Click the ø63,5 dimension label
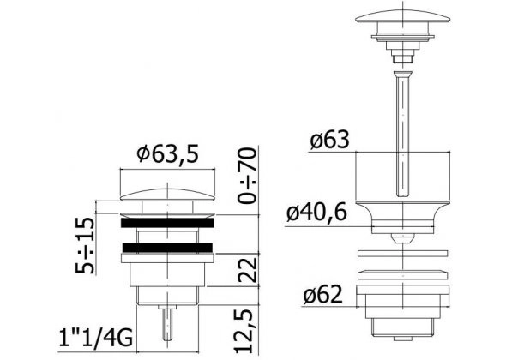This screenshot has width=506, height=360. click(167, 154)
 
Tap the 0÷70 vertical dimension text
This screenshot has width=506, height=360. click(248, 175)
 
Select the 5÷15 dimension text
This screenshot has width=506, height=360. click(85, 245)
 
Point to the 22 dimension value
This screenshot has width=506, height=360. click(248, 270)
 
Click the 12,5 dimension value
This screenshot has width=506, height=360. click(244, 331)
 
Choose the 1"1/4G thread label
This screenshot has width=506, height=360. click(95, 338)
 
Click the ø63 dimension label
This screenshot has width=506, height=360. click(330, 140)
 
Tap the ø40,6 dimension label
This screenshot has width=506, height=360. click(316, 213)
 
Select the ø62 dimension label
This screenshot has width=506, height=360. click(322, 295)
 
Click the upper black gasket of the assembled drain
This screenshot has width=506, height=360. click(167, 223)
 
